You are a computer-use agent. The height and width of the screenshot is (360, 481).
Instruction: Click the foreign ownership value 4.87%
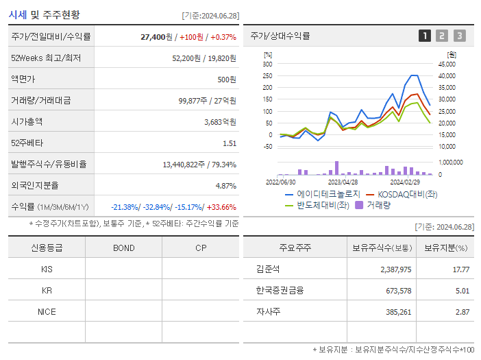(x=225, y=185)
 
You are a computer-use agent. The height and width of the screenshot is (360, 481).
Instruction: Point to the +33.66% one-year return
(x=222, y=207)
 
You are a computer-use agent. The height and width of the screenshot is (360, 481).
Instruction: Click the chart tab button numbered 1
(x=425, y=36)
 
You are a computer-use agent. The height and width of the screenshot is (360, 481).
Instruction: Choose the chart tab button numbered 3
(x=459, y=36)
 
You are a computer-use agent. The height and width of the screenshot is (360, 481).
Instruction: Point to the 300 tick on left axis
(x=268, y=64)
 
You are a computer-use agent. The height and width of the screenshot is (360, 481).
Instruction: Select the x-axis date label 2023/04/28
(x=343, y=182)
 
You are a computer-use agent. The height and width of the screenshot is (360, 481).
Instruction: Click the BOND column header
(x=123, y=248)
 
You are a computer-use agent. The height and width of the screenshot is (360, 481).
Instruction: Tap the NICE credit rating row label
(x=47, y=311)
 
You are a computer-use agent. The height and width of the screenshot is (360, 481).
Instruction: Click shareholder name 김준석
(x=263, y=269)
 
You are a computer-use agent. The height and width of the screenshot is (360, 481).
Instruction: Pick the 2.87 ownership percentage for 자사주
(x=461, y=311)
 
